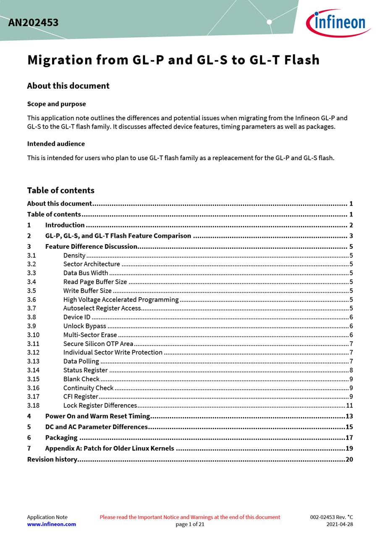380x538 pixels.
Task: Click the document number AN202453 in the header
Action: [33, 23]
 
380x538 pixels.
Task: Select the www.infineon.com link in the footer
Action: [52, 524]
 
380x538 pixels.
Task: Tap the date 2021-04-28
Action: [340, 524]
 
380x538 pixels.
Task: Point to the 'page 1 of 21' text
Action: [190, 524]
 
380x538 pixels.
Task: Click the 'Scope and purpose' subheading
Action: [56, 104]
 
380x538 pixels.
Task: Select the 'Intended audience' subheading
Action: [56, 144]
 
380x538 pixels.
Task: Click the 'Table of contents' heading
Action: [60, 190]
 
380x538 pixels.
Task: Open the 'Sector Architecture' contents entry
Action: [92, 264]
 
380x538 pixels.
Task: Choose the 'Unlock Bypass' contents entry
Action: [85, 326]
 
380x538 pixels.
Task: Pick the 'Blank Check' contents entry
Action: [81, 379]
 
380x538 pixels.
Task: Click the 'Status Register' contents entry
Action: [86, 370]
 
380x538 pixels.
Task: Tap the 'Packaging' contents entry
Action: [61, 438]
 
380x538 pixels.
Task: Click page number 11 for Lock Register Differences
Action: [349, 406]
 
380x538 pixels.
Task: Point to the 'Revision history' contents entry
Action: [52, 459]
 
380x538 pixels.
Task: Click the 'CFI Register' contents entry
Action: [81, 397]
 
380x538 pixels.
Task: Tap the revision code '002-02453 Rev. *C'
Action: [332, 517]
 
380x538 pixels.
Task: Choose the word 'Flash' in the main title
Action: [302, 60]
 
